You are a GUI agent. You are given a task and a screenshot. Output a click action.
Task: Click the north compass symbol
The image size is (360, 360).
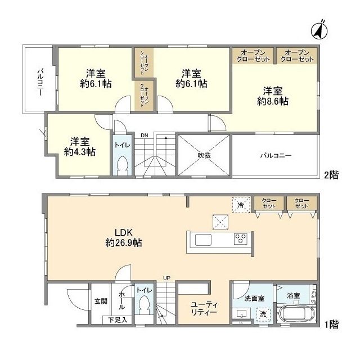point(319,30)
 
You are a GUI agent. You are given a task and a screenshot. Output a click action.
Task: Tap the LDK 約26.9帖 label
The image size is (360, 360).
point(124,237)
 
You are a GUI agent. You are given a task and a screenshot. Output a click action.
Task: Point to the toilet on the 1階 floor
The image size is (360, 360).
point(144,305)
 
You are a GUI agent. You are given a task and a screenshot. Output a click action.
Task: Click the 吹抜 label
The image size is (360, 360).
point(204,155)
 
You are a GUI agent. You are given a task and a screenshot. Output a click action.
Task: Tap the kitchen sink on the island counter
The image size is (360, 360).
point(203,240)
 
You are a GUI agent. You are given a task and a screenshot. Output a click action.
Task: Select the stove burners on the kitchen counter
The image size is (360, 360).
point(241,238)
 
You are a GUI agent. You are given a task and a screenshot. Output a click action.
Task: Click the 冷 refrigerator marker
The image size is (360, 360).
point(241,205)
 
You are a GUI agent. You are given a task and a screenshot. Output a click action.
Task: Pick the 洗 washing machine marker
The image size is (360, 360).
point(263,314)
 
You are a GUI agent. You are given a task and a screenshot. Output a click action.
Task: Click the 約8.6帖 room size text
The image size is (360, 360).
point(272,101)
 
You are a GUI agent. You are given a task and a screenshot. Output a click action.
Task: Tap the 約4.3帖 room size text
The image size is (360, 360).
point(80,152)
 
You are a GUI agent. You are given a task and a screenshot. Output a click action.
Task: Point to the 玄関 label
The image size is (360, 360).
point(101,301)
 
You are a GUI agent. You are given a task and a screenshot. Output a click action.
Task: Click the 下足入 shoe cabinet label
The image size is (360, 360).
point(118,319)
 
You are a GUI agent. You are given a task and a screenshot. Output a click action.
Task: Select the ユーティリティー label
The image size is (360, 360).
point(204,308)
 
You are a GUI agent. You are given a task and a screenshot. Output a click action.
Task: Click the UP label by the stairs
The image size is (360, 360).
point(166,278)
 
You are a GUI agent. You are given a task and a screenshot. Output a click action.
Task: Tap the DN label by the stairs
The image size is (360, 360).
point(145,136)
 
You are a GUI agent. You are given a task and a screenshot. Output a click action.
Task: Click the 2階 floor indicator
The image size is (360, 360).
point(331,175)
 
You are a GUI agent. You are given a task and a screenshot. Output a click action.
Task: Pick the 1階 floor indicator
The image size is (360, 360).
point(331,325)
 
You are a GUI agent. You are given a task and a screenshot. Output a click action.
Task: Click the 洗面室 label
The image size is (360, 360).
point(254,299)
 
